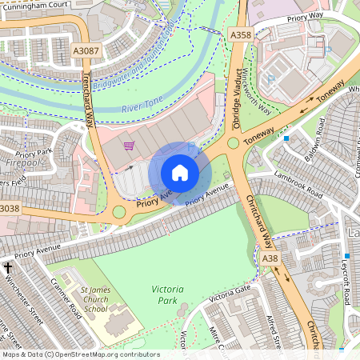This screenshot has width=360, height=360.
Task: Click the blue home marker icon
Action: click(180, 173)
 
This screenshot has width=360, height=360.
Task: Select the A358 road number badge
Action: click(240, 35)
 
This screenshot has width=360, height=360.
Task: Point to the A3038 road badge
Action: click(9, 209)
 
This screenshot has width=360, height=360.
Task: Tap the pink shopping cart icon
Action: click(129, 146)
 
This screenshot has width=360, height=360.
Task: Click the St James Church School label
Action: click(96, 298)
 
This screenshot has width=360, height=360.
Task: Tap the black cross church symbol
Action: click(9, 267)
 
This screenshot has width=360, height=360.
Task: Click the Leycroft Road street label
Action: click(346, 280)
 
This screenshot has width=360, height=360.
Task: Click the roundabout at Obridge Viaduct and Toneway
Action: click(234, 144)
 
